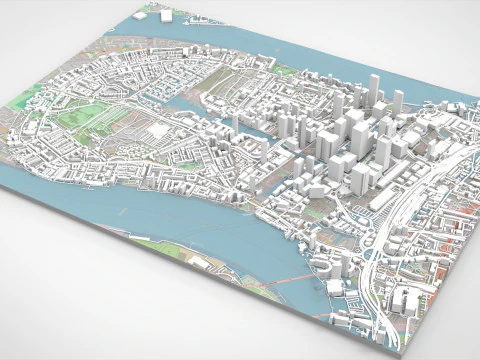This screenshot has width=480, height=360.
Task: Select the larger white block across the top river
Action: tap(166, 15)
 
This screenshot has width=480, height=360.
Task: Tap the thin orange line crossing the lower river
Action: tap(290, 281)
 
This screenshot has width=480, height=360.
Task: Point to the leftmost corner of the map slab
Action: tap(3, 171)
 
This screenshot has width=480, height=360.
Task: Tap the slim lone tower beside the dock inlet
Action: tap(236, 121)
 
